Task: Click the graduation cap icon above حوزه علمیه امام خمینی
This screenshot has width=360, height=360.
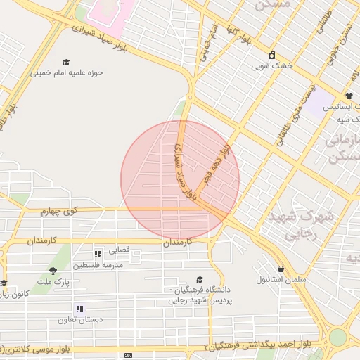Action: tap(66, 62)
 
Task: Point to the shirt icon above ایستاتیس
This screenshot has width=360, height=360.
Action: tap(349, 96)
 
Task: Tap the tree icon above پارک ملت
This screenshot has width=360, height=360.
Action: tap(53, 270)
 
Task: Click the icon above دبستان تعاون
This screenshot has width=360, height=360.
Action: tap(80, 308)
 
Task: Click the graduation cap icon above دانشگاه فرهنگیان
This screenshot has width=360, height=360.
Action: tap(199, 279)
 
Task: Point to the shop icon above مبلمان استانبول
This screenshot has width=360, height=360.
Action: tap(281, 269)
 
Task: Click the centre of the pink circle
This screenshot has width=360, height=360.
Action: tap(180, 180)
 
